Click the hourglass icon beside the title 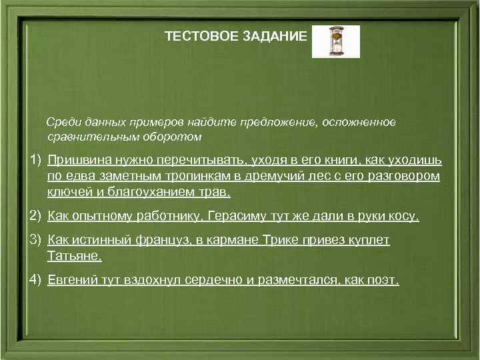coord(335,41)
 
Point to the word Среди coord(61,122)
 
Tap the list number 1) coord(35,161)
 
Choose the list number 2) coord(35,217)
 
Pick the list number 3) coord(35,240)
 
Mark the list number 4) coord(35,280)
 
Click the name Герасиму coord(239,217)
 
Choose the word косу coord(404,217)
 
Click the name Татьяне coord(75,256)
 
